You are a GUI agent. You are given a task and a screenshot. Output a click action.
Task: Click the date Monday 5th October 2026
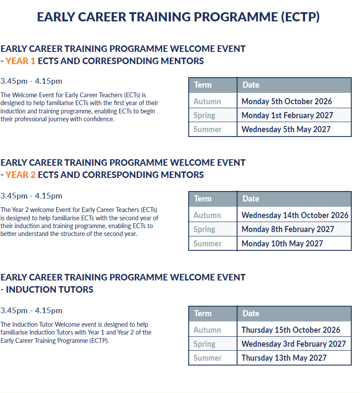pyautogui.click(x=287, y=101)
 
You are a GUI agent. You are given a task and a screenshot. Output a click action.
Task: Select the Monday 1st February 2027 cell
pyautogui.click(x=287, y=115)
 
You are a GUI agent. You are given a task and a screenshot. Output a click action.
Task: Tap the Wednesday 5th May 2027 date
pyautogui.click(x=286, y=130)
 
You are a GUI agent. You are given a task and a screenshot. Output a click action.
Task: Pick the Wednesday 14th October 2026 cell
pyautogui.click(x=295, y=215)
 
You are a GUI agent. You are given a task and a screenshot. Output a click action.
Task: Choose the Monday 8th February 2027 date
pyautogui.click(x=288, y=229)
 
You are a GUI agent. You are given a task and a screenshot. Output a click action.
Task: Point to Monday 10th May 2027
pyautogui.click(x=282, y=243)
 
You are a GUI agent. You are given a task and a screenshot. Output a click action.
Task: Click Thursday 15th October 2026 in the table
pyautogui.click(x=291, y=330)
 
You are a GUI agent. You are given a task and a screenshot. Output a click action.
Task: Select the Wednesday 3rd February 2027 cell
pyautogui.click(x=294, y=344)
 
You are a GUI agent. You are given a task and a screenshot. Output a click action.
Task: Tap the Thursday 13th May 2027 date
pyautogui.click(x=284, y=358)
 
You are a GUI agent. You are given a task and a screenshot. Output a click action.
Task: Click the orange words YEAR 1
pyautogui.click(x=20, y=61)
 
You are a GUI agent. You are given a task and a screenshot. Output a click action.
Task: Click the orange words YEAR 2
pyautogui.click(x=20, y=175)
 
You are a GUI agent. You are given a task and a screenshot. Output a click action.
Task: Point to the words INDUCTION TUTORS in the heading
pyautogui.click(x=50, y=290)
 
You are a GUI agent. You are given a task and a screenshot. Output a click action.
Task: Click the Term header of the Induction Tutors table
pyautogui.click(x=203, y=313)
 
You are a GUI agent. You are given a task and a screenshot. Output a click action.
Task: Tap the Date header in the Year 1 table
pyautogui.click(x=251, y=85)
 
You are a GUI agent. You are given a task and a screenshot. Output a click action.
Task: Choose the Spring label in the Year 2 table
pyautogui.click(x=204, y=229)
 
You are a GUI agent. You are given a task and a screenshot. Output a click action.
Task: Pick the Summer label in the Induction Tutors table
pyautogui.click(x=207, y=358)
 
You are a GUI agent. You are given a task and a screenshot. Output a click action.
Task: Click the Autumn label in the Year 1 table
pyautogui.click(x=207, y=102)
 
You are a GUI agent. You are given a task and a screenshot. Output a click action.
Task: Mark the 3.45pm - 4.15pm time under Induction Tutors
pyautogui.click(x=31, y=311)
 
